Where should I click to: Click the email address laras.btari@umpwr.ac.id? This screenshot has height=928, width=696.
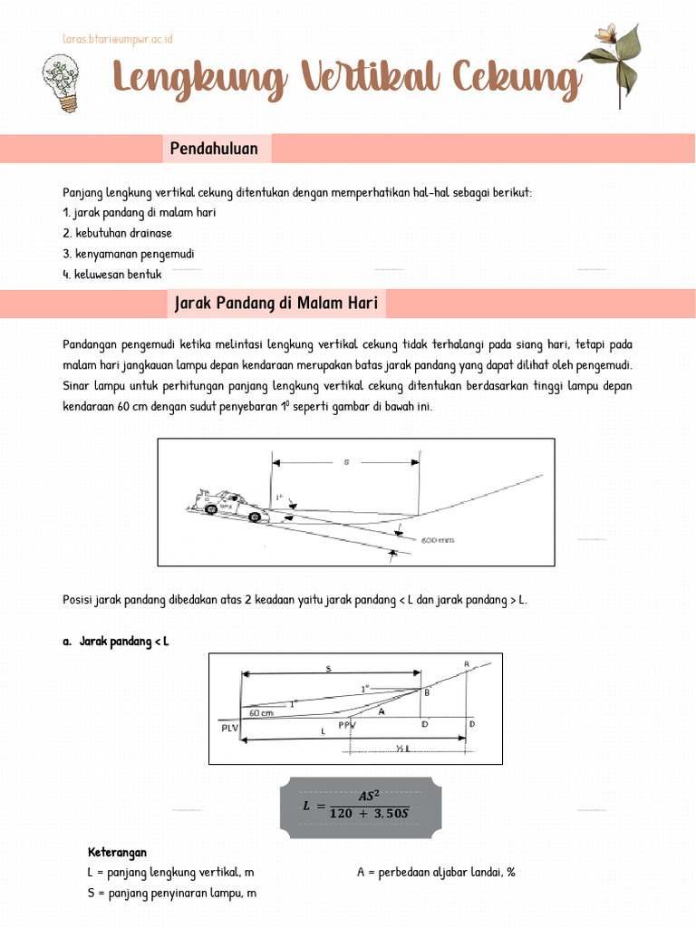[117, 39]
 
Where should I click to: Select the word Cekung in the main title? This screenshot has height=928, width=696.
[517, 80]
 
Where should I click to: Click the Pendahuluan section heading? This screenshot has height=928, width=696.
[214, 149]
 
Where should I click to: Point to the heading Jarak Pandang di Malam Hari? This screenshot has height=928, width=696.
[276, 304]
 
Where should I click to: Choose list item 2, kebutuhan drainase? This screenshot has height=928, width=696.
[117, 233]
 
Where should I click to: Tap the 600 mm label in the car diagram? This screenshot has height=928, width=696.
[439, 540]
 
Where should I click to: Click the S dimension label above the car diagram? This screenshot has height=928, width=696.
[346, 462]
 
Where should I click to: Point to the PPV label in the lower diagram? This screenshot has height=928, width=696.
[347, 725]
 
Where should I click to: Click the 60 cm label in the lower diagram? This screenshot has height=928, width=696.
[261, 713]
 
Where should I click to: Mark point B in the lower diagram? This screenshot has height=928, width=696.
[426, 693]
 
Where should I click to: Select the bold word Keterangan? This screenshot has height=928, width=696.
[117, 853]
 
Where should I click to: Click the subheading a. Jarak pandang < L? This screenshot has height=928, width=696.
[116, 642]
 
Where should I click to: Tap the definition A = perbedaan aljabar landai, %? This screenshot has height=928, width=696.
[436, 872]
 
